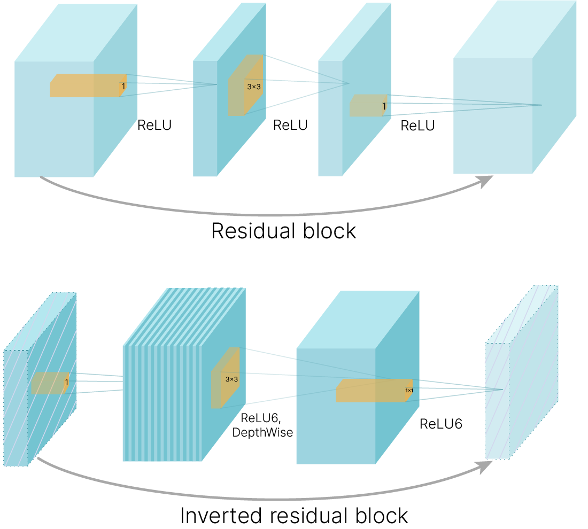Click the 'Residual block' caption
[x=283, y=231]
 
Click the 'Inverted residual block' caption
[x=294, y=516]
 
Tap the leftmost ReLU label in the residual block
[x=154, y=125]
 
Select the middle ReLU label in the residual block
[x=290, y=125]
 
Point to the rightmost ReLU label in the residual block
[x=418, y=126]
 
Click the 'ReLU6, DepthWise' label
[x=262, y=425]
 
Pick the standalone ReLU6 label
[x=441, y=424]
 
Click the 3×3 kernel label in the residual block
[x=254, y=87]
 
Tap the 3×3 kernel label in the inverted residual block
[x=232, y=379]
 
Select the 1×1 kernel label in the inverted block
[x=409, y=391]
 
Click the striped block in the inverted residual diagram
[x=184, y=375]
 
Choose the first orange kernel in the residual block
[x=88, y=85]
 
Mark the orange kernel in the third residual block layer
[x=368, y=105]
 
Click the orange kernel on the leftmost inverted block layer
[x=50, y=383]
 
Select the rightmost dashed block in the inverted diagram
[x=522, y=372]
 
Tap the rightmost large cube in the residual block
[x=514, y=87]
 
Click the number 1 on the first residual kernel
[x=123, y=87]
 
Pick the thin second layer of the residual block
[x=229, y=90]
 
